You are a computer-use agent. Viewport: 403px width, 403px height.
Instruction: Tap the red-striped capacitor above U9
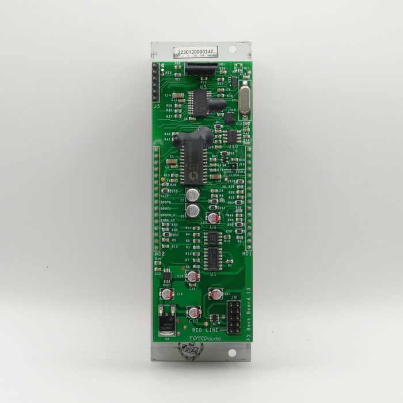click(213, 218)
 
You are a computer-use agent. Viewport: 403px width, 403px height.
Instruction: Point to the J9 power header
click(234, 319)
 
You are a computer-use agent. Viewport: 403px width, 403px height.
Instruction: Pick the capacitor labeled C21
click(216, 294)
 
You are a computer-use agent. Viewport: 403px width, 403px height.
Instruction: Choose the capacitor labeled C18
click(167, 294)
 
